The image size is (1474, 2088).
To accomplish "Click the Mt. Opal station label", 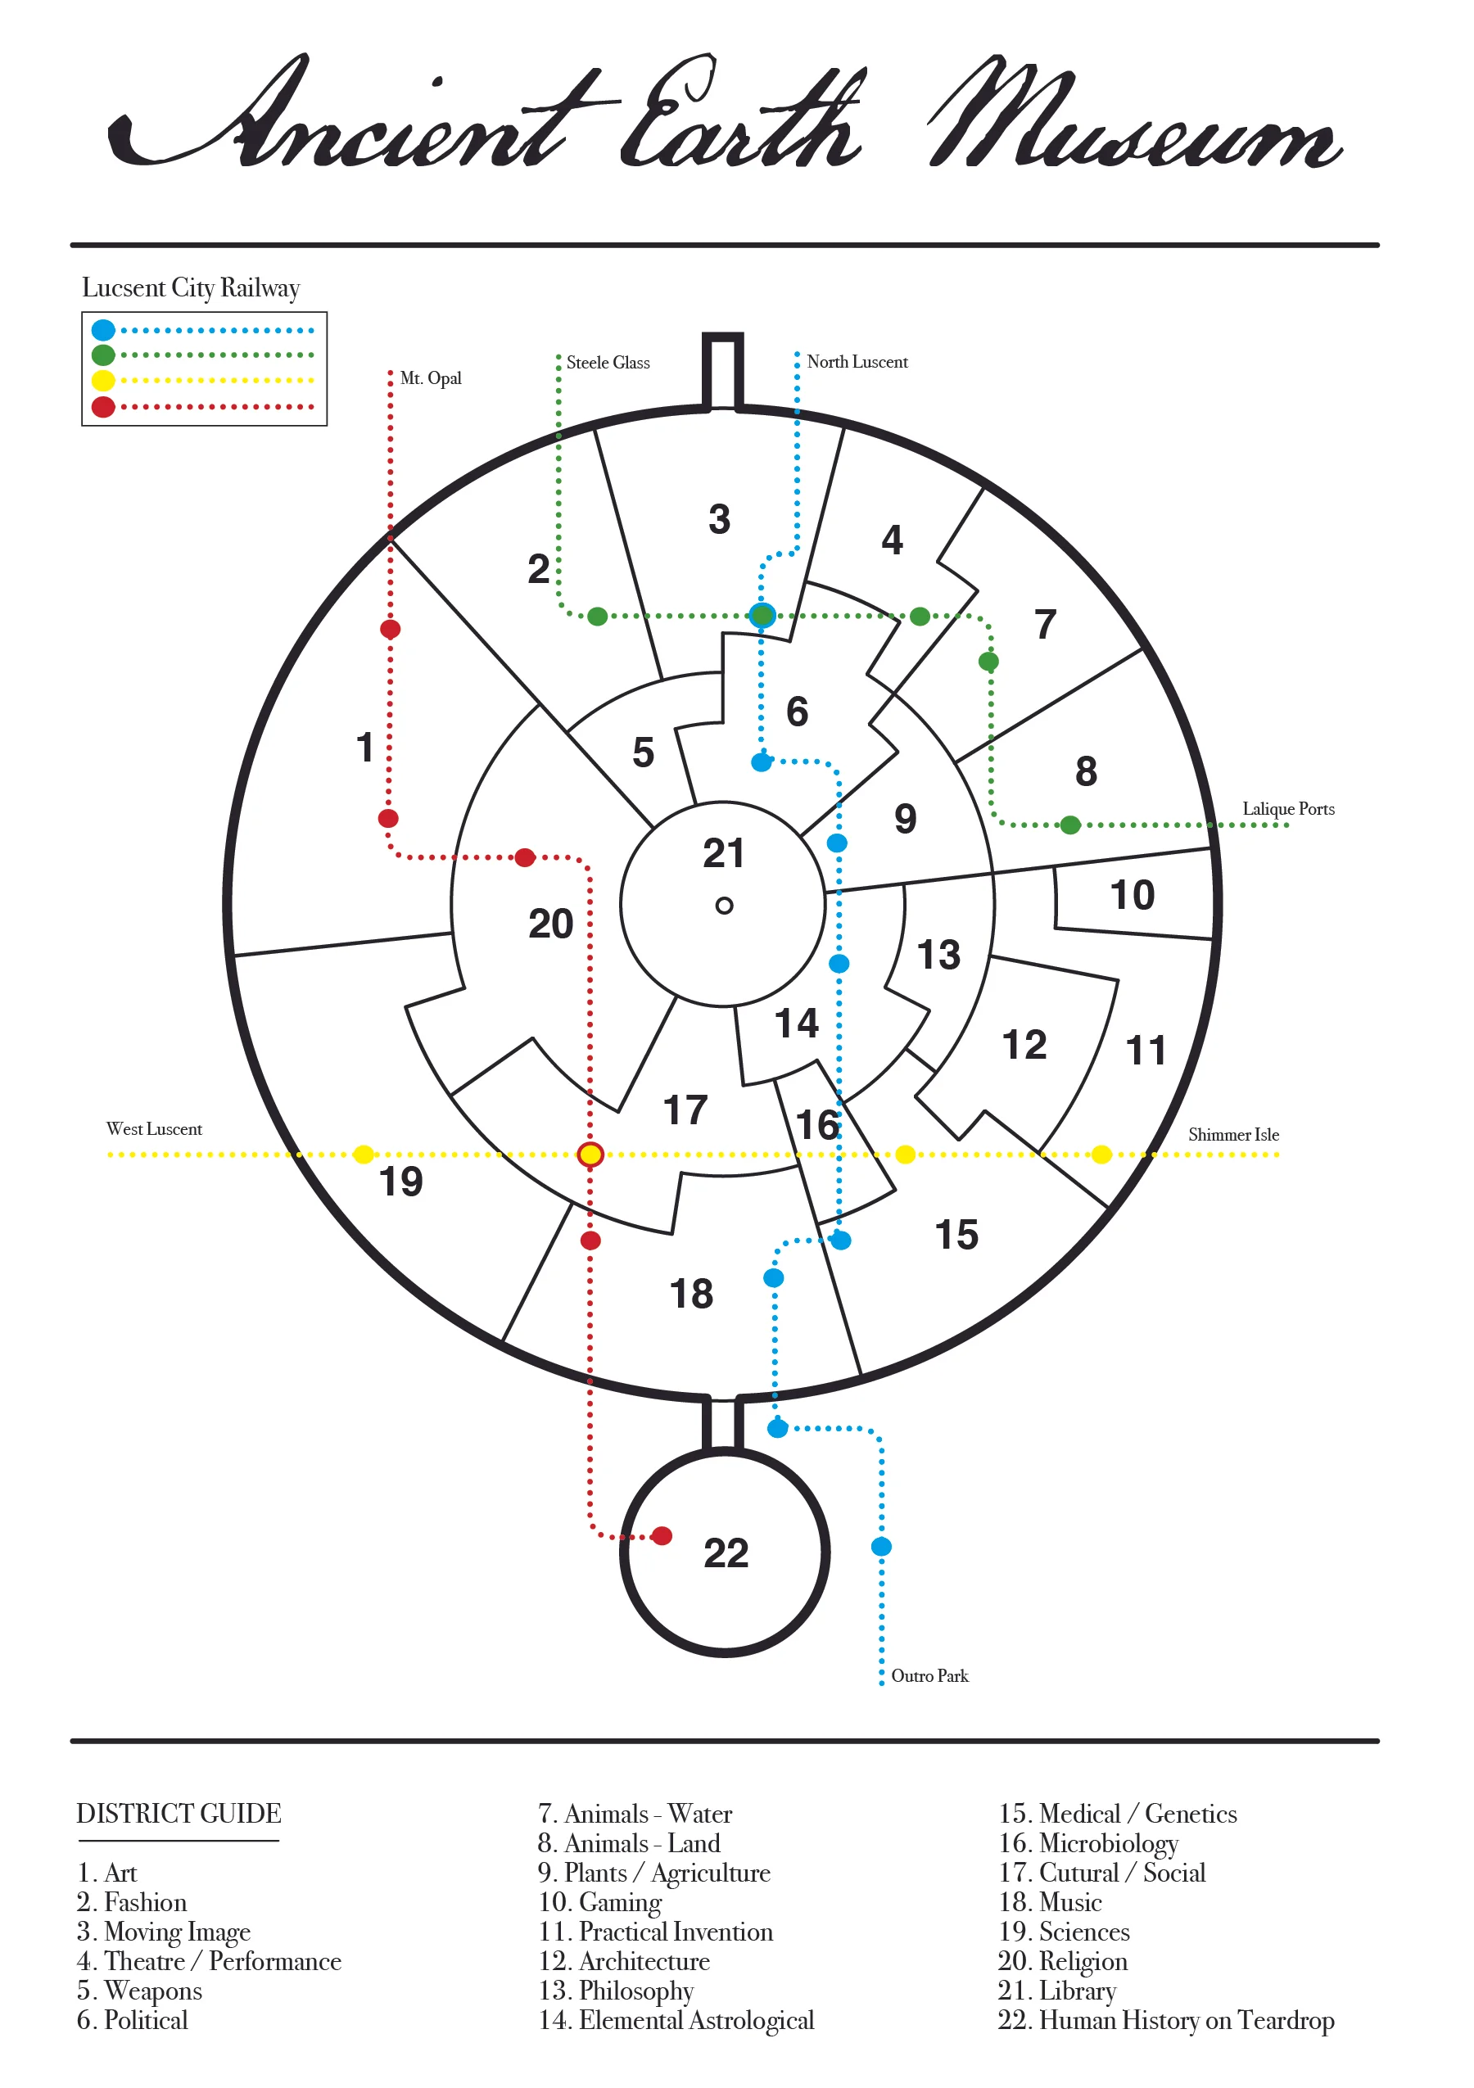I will (x=430, y=378).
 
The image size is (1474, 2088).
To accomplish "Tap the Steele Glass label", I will (x=608, y=363).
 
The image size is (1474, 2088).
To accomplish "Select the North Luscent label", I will (x=857, y=362).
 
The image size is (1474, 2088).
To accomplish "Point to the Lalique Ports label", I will (x=1287, y=808).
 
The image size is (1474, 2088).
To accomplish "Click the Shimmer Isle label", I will (x=1233, y=1134).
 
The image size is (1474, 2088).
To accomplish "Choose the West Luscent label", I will (x=154, y=1128).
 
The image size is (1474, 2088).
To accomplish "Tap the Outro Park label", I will (x=929, y=1675).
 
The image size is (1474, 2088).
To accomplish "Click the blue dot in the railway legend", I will (x=104, y=330).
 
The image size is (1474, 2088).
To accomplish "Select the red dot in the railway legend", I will (x=104, y=406).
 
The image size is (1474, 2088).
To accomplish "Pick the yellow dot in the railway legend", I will (x=104, y=380).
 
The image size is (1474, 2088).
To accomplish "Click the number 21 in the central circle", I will (x=724, y=853).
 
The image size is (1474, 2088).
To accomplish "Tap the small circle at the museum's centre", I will (x=724, y=906).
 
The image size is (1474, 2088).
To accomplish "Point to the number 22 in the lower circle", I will (x=726, y=1552).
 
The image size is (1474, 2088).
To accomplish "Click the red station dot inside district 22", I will (x=662, y=1536).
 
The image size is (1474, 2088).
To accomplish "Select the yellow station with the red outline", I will (x=590, y=1154).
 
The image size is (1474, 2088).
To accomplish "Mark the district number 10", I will (x=1132, y=895).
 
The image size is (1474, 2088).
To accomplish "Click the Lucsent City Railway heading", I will (x=191, y=287).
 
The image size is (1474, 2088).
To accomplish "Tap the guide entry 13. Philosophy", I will (x=616, y=1990).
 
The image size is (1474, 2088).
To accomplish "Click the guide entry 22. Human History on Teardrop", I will (x=1166, y=2019).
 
